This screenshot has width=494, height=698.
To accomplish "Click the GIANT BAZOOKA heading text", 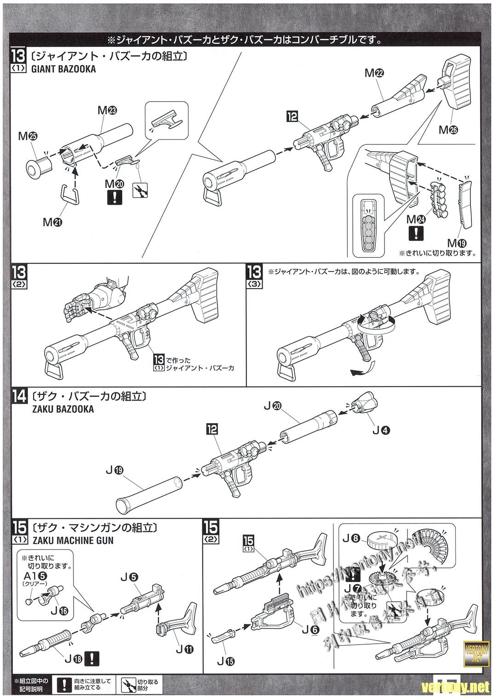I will (x=64, y=69).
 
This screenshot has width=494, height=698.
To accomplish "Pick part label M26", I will (x=448, y=130).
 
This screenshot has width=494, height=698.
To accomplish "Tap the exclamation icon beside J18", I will (x=94, y=658).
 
